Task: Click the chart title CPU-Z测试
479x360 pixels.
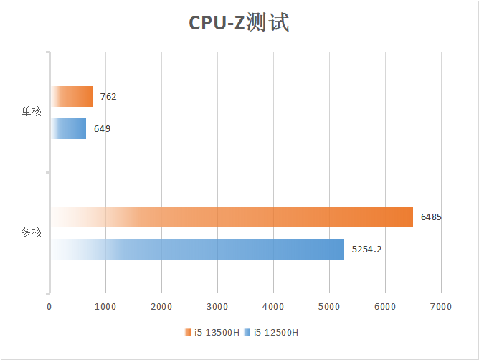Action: click(x=239, y=23)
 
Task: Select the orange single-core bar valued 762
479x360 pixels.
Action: click(x=72, y=96)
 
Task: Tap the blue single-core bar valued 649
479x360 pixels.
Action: click(x=69, y=129)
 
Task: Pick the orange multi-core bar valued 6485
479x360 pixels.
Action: click(x=232, y=217)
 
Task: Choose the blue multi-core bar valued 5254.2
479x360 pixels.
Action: click(x=197, y=249)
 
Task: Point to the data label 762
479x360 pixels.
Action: click(x=108, y=96)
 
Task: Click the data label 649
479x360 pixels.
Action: click(x=102, y=129)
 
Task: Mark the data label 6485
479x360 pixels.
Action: click(x=431, y=217)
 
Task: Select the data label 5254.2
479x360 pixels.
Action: click(x=366, y=250)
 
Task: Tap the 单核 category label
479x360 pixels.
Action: click(x=32, y=112)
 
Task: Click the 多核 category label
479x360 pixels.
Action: click(x=32, y=233)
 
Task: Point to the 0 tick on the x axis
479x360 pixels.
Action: click(x=49, y=306)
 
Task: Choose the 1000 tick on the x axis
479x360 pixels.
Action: click(x=105, y=306)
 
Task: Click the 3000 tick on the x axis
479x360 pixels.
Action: click(x=217, y=306)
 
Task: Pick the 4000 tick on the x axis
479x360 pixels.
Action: click(x=273, y=306)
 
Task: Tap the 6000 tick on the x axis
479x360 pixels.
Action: click(x=385, y=306)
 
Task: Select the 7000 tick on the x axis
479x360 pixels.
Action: click(x=441, y=306)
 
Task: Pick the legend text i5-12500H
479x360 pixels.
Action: click(x=275, y=333)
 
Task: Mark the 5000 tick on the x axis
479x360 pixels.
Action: click(x=329, y=306)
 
